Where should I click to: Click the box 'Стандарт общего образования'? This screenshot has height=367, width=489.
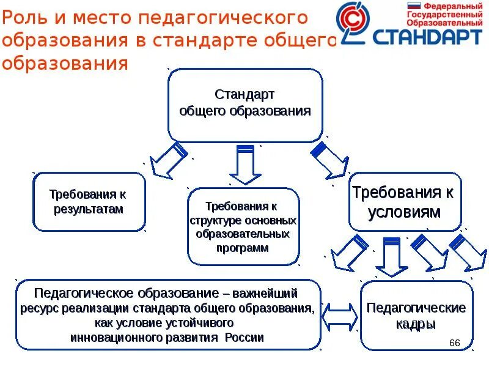(x=245, y=105)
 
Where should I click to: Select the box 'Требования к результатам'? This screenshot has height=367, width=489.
(x=89, y=202)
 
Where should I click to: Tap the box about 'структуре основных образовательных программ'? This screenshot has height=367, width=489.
(x=243, y=226)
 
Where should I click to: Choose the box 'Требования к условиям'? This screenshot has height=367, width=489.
(x=404, y=202)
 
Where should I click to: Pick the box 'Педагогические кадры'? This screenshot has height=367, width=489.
(x=416, y=315)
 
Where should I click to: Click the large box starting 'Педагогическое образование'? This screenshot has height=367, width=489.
(x=167, y=314)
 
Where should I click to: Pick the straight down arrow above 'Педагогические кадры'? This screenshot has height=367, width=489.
(x=391, y=257)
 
